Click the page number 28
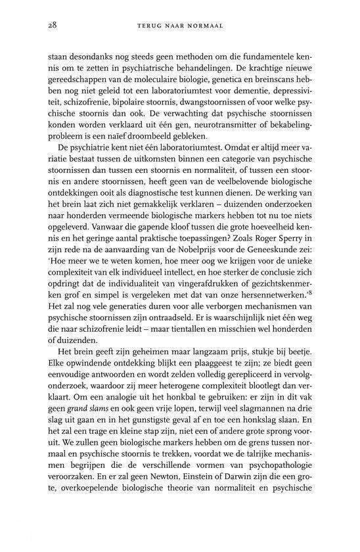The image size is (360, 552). pos(53,24)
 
